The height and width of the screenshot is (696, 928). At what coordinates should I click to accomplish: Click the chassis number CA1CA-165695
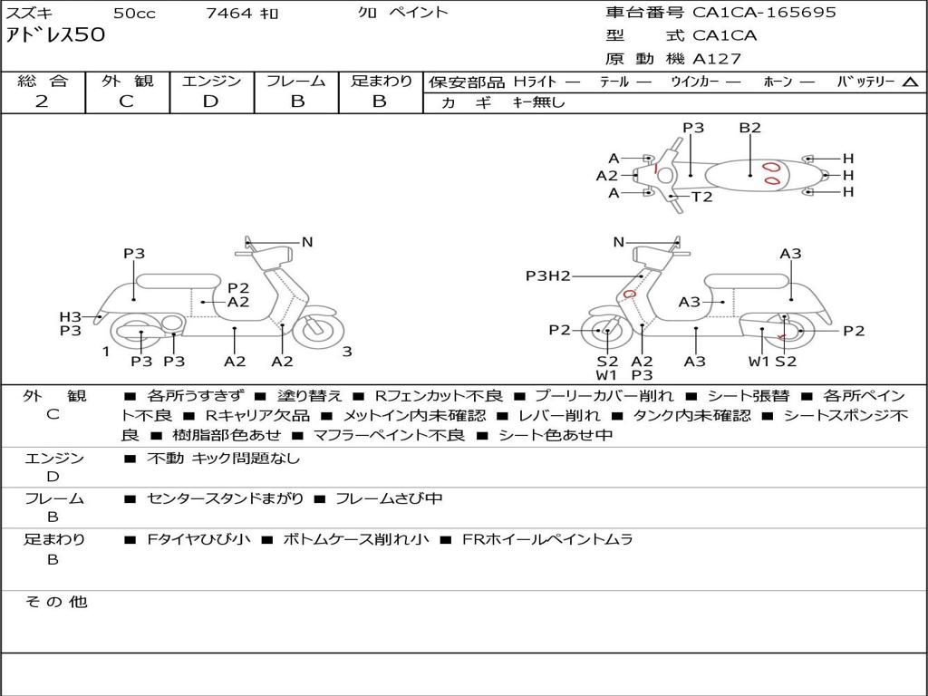pyautogui.click(x=764, y=13)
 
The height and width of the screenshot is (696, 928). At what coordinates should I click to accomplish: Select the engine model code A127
pyautogui.click(x=717, y=59)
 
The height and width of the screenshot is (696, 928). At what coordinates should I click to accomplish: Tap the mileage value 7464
pyautogui.click(x=228, y=13)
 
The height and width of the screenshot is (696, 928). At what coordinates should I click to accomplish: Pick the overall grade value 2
pyautogui.click(x=42, y=101)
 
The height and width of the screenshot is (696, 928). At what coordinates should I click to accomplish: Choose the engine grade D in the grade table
pyautogui.click(x=210, y=101)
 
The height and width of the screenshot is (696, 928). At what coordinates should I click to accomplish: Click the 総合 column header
pyautogui.click(x=43, y=81)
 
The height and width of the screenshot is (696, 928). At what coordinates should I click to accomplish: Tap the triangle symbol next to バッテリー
pyautogui.click(x=910, y=82)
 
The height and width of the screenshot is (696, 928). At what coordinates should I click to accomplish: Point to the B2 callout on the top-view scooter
pyautogui.click(x=749, y=128)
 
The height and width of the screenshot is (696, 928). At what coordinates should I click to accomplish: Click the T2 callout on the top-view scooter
pyautogui.click(x=702, y=197)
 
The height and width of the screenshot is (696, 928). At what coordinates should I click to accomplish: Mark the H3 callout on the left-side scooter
pyautogui.click(x=71, y=316)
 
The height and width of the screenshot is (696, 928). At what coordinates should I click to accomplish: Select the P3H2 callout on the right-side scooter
pyautogui.click(x=547, y=275)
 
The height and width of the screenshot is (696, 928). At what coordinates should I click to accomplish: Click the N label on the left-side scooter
pyautogui.click(x=307, y=242)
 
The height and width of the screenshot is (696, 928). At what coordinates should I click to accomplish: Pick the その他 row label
pyautogui.click(x=55, y=602)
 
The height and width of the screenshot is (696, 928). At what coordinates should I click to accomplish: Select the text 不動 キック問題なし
pyautogui.click(x=223, y=459)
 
